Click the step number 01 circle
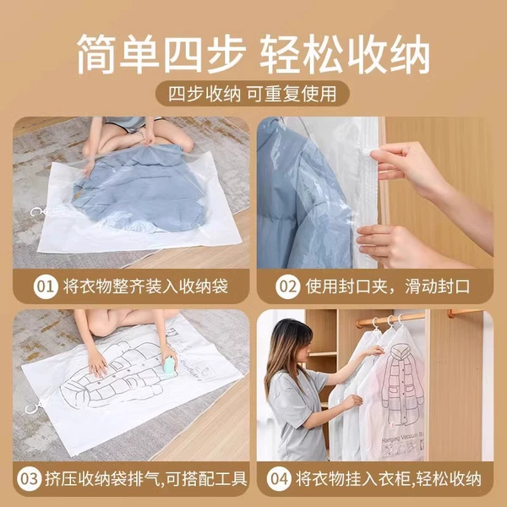point(46,286)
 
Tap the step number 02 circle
point(288,286)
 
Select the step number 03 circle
point(30,479)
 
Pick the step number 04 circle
point(279,479)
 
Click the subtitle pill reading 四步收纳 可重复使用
point(253,94)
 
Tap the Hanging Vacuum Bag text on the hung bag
point(402,437)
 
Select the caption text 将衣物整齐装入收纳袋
point(146,286)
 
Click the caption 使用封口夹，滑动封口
point(387,286)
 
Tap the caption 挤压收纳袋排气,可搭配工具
point(146,479)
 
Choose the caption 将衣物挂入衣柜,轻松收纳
point(389,479)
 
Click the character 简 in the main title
point(95,54)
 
